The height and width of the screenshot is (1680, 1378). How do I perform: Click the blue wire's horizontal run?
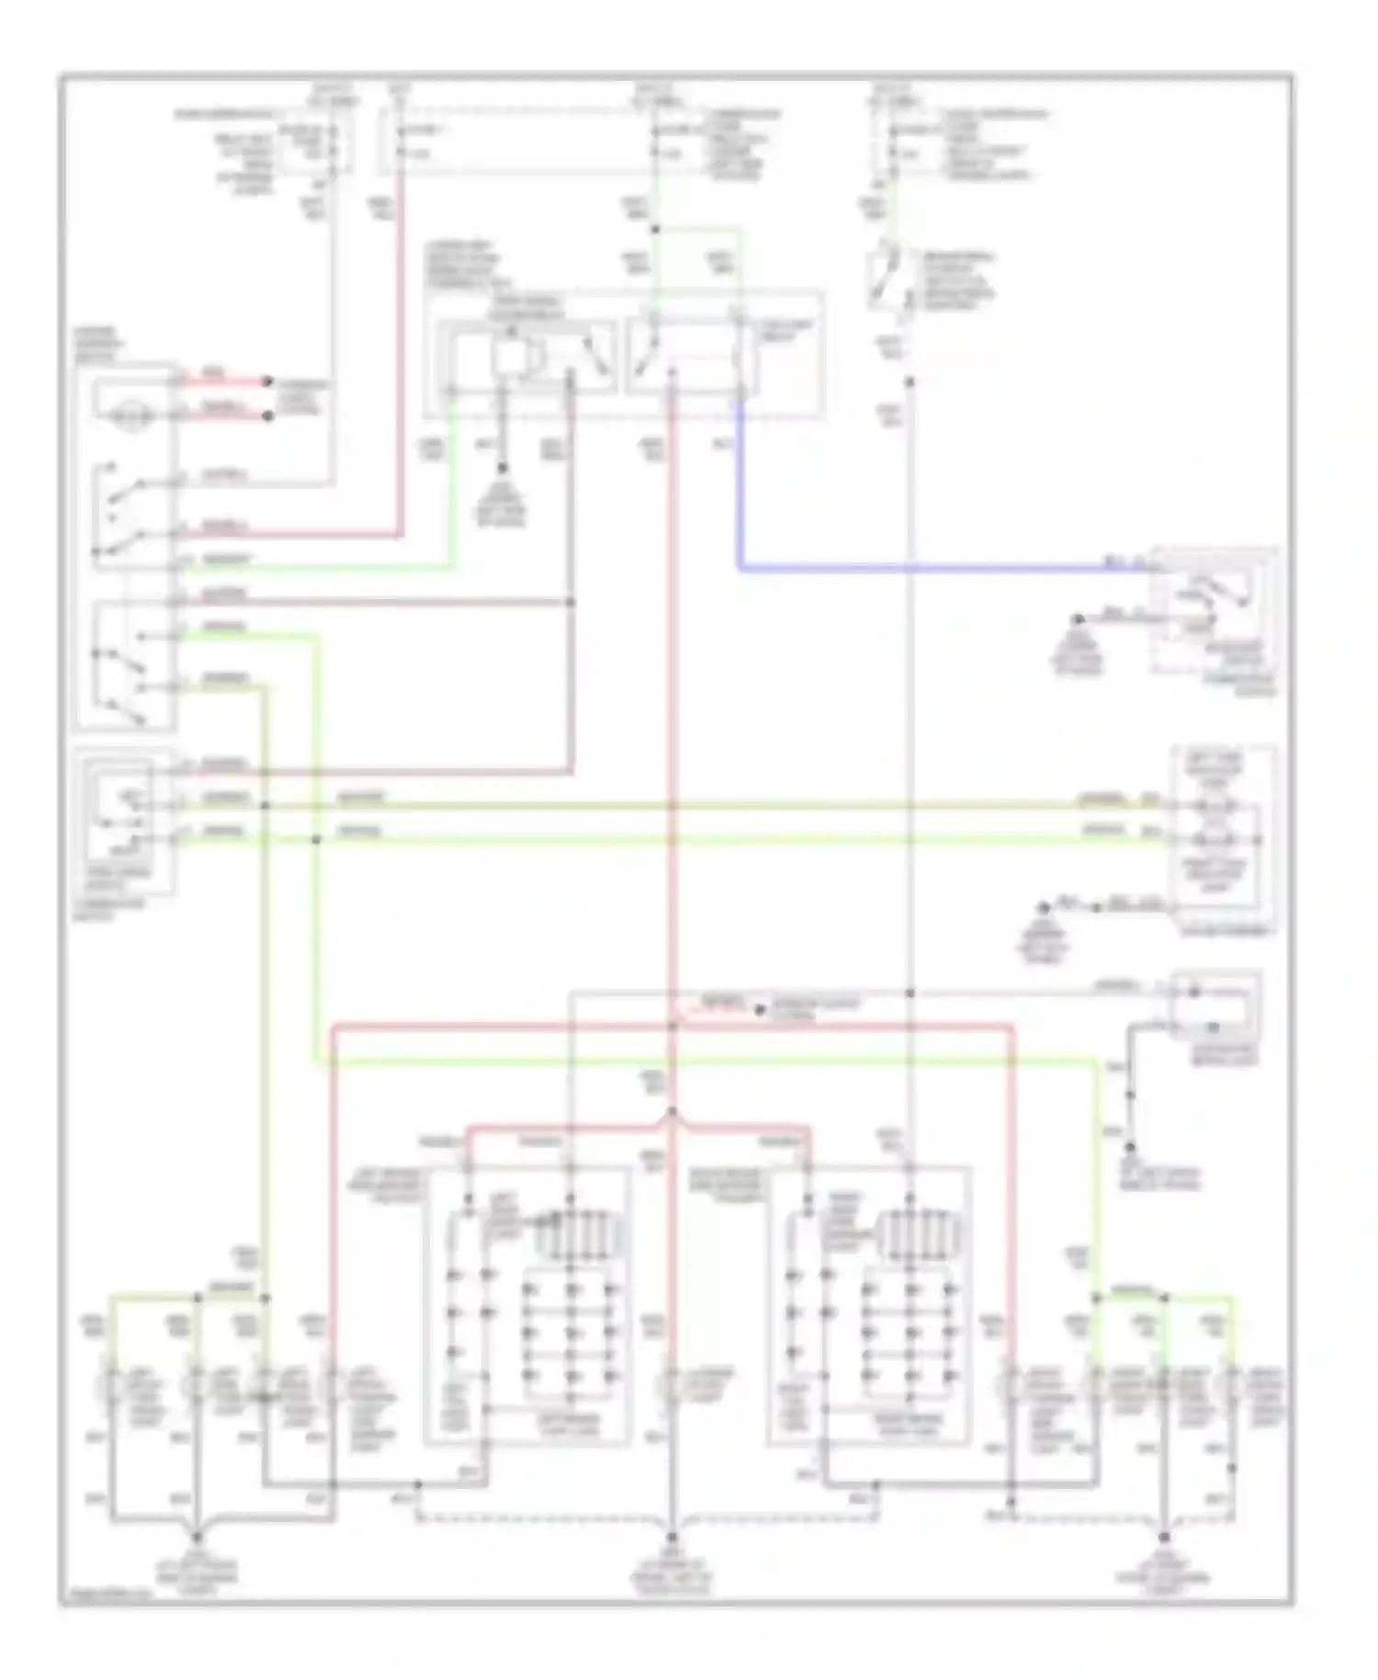coord(919,569)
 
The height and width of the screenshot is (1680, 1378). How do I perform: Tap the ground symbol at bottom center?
coord(672,1537)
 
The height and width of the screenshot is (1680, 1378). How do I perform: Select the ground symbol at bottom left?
coord(197,1537)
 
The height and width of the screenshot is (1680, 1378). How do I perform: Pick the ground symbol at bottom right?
coord(1164,1537)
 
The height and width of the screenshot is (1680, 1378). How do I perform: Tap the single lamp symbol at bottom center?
coord(672,1389)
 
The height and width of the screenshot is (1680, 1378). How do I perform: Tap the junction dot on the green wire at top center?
coord(656,229)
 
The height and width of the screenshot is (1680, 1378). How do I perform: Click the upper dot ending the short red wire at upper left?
coord(268,380)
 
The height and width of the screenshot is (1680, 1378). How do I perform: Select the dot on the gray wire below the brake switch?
coord(909,380)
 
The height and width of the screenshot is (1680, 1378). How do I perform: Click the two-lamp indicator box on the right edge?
coord(1222,836)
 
